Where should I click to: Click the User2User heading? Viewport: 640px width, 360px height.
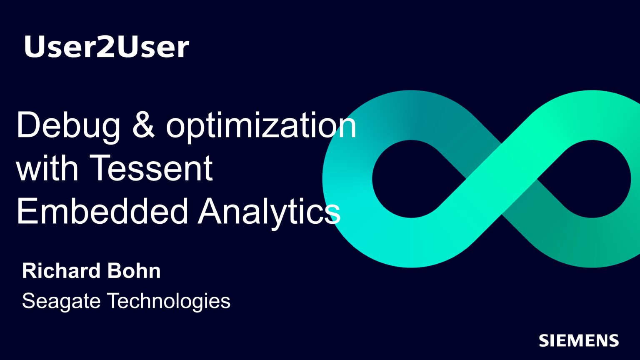106,47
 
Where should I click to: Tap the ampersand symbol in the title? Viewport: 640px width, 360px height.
143,125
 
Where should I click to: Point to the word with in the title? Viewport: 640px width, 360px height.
47,167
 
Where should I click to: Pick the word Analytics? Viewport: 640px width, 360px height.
269,213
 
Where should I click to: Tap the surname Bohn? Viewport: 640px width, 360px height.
134,270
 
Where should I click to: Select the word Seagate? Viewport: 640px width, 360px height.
61,302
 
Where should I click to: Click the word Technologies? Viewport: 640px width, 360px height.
169,302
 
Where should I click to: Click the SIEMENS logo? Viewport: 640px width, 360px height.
579,340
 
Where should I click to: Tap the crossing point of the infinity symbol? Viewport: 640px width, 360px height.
502,179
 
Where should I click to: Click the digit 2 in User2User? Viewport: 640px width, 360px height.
106,46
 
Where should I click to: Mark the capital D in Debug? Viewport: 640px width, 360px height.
29,125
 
